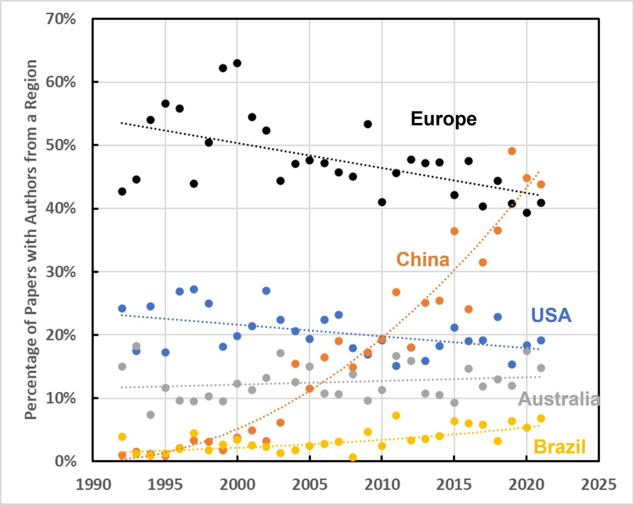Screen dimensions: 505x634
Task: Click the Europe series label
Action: tap(443, 119)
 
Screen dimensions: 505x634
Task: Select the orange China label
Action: tap(423, 260)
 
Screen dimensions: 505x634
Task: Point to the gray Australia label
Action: tap(559, 399)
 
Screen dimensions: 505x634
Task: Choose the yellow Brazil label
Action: tap(560, 447)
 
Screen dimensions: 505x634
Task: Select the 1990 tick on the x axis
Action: tap(93, 484)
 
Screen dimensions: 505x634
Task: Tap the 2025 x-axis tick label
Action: tap(599, 484)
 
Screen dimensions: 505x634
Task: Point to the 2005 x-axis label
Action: tap(310, 484)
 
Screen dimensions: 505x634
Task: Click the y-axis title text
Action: tap(32, 240)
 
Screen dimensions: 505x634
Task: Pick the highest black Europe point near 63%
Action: tap(237, 63)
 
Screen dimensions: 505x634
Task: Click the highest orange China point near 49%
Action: tap(511, 151)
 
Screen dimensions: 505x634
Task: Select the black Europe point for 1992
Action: tap(122, 192)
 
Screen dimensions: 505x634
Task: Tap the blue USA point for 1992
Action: tap(122, 308)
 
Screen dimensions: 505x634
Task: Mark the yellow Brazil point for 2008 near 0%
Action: tap(353, 458)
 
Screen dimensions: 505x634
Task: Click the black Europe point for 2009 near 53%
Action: tap(368, 124)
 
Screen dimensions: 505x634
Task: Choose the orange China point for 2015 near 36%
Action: tap(454, 231)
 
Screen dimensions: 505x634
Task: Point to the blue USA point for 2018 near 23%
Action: tap(497, 317)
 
